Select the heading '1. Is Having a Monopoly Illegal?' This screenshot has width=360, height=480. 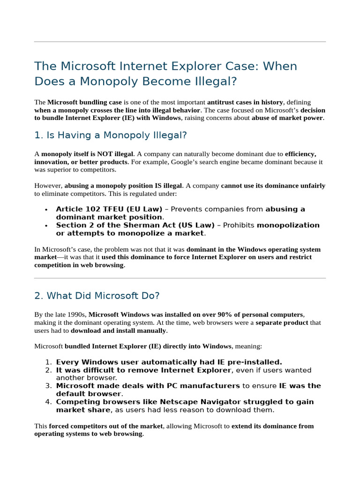click(111, 135)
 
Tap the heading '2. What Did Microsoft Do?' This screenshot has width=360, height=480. click(97, 296)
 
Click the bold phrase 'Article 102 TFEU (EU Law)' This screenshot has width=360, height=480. click(109, 209)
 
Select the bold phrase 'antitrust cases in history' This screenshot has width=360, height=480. click(245, 102)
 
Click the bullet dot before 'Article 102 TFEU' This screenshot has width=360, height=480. click(45, 210)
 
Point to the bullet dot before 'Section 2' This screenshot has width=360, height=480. click(45, 225)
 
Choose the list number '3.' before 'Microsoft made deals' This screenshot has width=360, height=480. click(48, 386)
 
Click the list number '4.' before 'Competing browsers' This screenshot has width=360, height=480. click(48, 402)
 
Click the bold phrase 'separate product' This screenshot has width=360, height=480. click(282, 322)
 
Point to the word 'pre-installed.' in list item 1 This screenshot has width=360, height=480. click(254, 362)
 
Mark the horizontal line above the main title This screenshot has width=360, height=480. click(180, 42)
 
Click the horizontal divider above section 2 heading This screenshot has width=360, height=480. click(180, 278)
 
